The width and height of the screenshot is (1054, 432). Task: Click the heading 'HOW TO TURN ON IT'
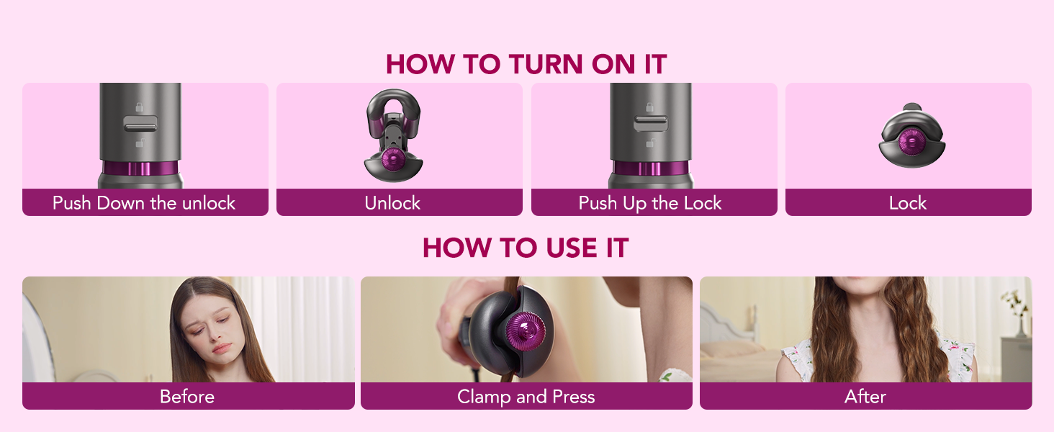pos(526,64)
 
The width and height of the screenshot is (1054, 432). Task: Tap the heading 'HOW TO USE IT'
pos(526,248)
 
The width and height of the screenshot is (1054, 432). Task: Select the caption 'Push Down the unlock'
pos(144,203)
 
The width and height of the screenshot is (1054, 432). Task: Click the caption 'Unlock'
pos(392,203)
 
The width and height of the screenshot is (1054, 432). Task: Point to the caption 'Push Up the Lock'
pos(650,203)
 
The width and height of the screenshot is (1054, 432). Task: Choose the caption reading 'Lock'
pos(908,203)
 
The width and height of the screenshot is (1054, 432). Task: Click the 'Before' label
pos(187,397)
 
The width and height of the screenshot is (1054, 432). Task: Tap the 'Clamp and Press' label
pos(526,397)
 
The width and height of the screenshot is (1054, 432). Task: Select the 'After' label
pos(865,397)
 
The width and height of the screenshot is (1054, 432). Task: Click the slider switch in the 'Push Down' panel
pos(140,126)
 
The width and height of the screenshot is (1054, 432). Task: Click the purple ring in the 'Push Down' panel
pos(140,169)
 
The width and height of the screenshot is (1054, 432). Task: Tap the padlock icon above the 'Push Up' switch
pos(650,107)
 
